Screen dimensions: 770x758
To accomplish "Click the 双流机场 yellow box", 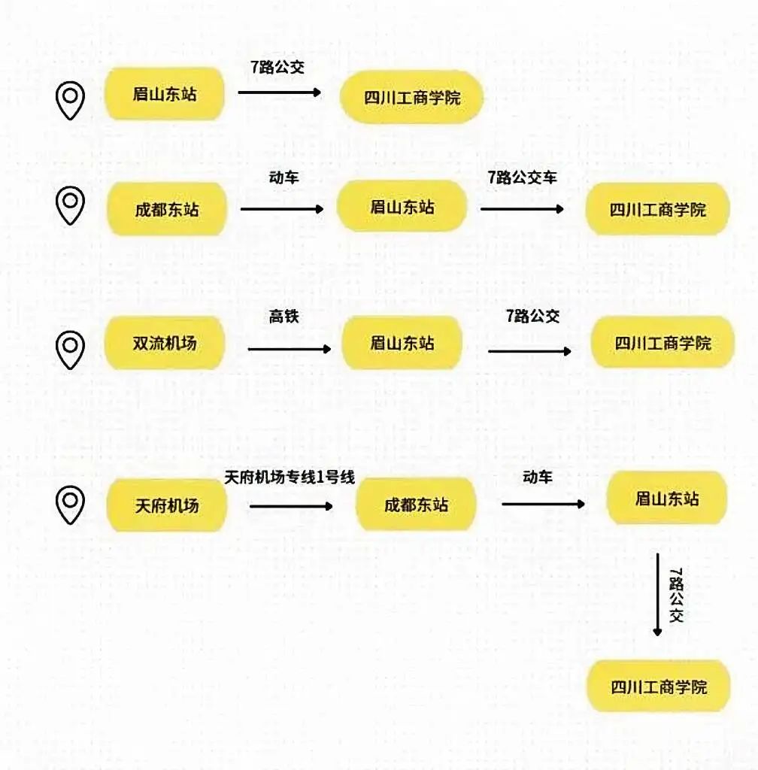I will tap(165, 344).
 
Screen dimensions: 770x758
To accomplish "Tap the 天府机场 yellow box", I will tap(167, 505).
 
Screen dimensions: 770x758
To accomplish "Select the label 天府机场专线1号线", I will tap(290, 478).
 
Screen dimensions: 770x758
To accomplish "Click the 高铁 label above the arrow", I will tap(284, 317).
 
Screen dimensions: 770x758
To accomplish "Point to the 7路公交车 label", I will tap(522, 178).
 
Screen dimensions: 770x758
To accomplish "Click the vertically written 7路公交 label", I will tap(676, 595).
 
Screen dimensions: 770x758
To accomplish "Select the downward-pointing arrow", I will tap(657, 594).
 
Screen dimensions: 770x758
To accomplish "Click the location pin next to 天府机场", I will tap(70, 505).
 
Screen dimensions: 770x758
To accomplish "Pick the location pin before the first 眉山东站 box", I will tap(70, 101).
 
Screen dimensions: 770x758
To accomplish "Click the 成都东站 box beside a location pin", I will tap(167, 209).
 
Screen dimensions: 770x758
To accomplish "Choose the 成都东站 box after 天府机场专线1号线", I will tap(416, 505).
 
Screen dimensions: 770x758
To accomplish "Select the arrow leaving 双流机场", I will tap(289, 349).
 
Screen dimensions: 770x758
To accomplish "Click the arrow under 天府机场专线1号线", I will tap(290, 506).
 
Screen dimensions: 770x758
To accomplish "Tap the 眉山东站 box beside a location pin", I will tap(165, 94).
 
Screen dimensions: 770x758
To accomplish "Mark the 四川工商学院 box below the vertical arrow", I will tap(659, 687).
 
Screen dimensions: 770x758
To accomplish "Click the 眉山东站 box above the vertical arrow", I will tap(666, 498).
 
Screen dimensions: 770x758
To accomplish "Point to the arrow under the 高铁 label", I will tap(289, 349).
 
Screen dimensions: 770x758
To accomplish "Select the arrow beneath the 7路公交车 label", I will tap(522, 209).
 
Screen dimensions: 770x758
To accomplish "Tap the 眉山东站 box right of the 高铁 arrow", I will tap(402, 343).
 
